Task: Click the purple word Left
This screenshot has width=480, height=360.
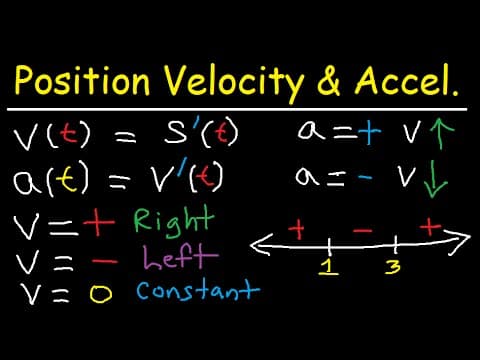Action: point(180,257)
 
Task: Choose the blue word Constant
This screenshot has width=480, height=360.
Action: point(198,291)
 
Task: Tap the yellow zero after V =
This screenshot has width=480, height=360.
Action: point(101,293)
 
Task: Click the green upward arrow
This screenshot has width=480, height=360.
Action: point(441,133)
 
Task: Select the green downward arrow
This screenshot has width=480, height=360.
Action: point(435,179)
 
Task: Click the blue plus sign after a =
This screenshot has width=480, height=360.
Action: point(369,132)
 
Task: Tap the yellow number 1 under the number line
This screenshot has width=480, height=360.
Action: point(329,267)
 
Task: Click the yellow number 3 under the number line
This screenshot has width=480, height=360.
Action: point(393,267)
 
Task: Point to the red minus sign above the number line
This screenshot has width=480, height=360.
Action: point(362,230)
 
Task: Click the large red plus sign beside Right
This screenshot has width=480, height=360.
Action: point(99,222)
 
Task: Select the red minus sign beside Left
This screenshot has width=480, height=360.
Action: point(105,261)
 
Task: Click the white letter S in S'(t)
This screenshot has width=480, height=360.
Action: point(175,133)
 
